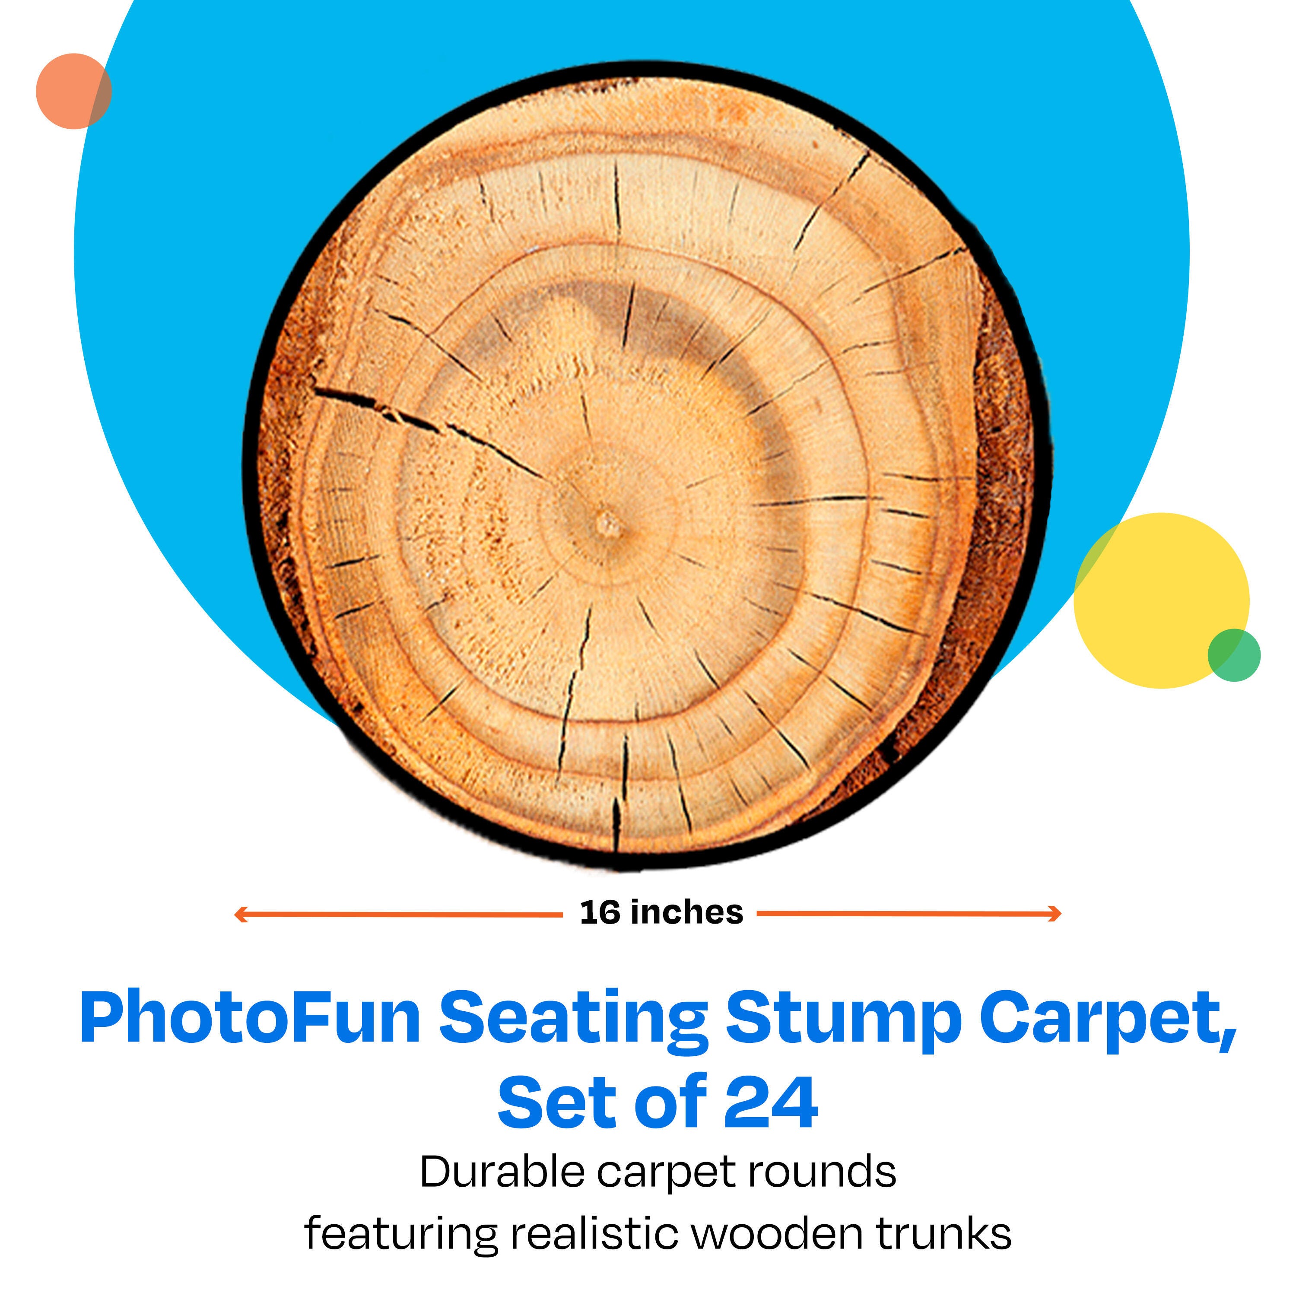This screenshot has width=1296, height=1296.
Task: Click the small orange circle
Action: pos(74,91)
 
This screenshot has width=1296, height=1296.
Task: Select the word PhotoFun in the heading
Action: pos(250,1019)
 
